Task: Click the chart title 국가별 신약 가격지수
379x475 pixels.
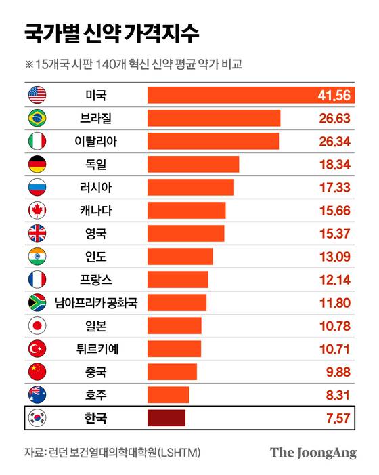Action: [x=112, y=33]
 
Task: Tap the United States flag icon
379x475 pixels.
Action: [x=37, y=95]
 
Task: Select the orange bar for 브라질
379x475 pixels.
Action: [x=214, y=118]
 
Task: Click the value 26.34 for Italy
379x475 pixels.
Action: [x=334, y=141]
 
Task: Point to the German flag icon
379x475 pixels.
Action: [x=37, y=164]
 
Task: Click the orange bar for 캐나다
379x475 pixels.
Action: [x=186, y=210]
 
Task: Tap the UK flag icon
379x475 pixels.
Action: [x=37, y=233]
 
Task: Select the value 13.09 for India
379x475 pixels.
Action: [x=334, y=256]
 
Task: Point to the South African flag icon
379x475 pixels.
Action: [x=37, y=302]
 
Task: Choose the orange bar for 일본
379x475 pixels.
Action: [x=175, y=326]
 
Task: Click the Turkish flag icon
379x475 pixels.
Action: [x=37, y=349]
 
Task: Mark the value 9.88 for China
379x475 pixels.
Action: [x=336, y=372]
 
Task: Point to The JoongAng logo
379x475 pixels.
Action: [x=313, y=453]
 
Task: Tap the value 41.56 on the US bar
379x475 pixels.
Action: [x=334, y=95]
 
